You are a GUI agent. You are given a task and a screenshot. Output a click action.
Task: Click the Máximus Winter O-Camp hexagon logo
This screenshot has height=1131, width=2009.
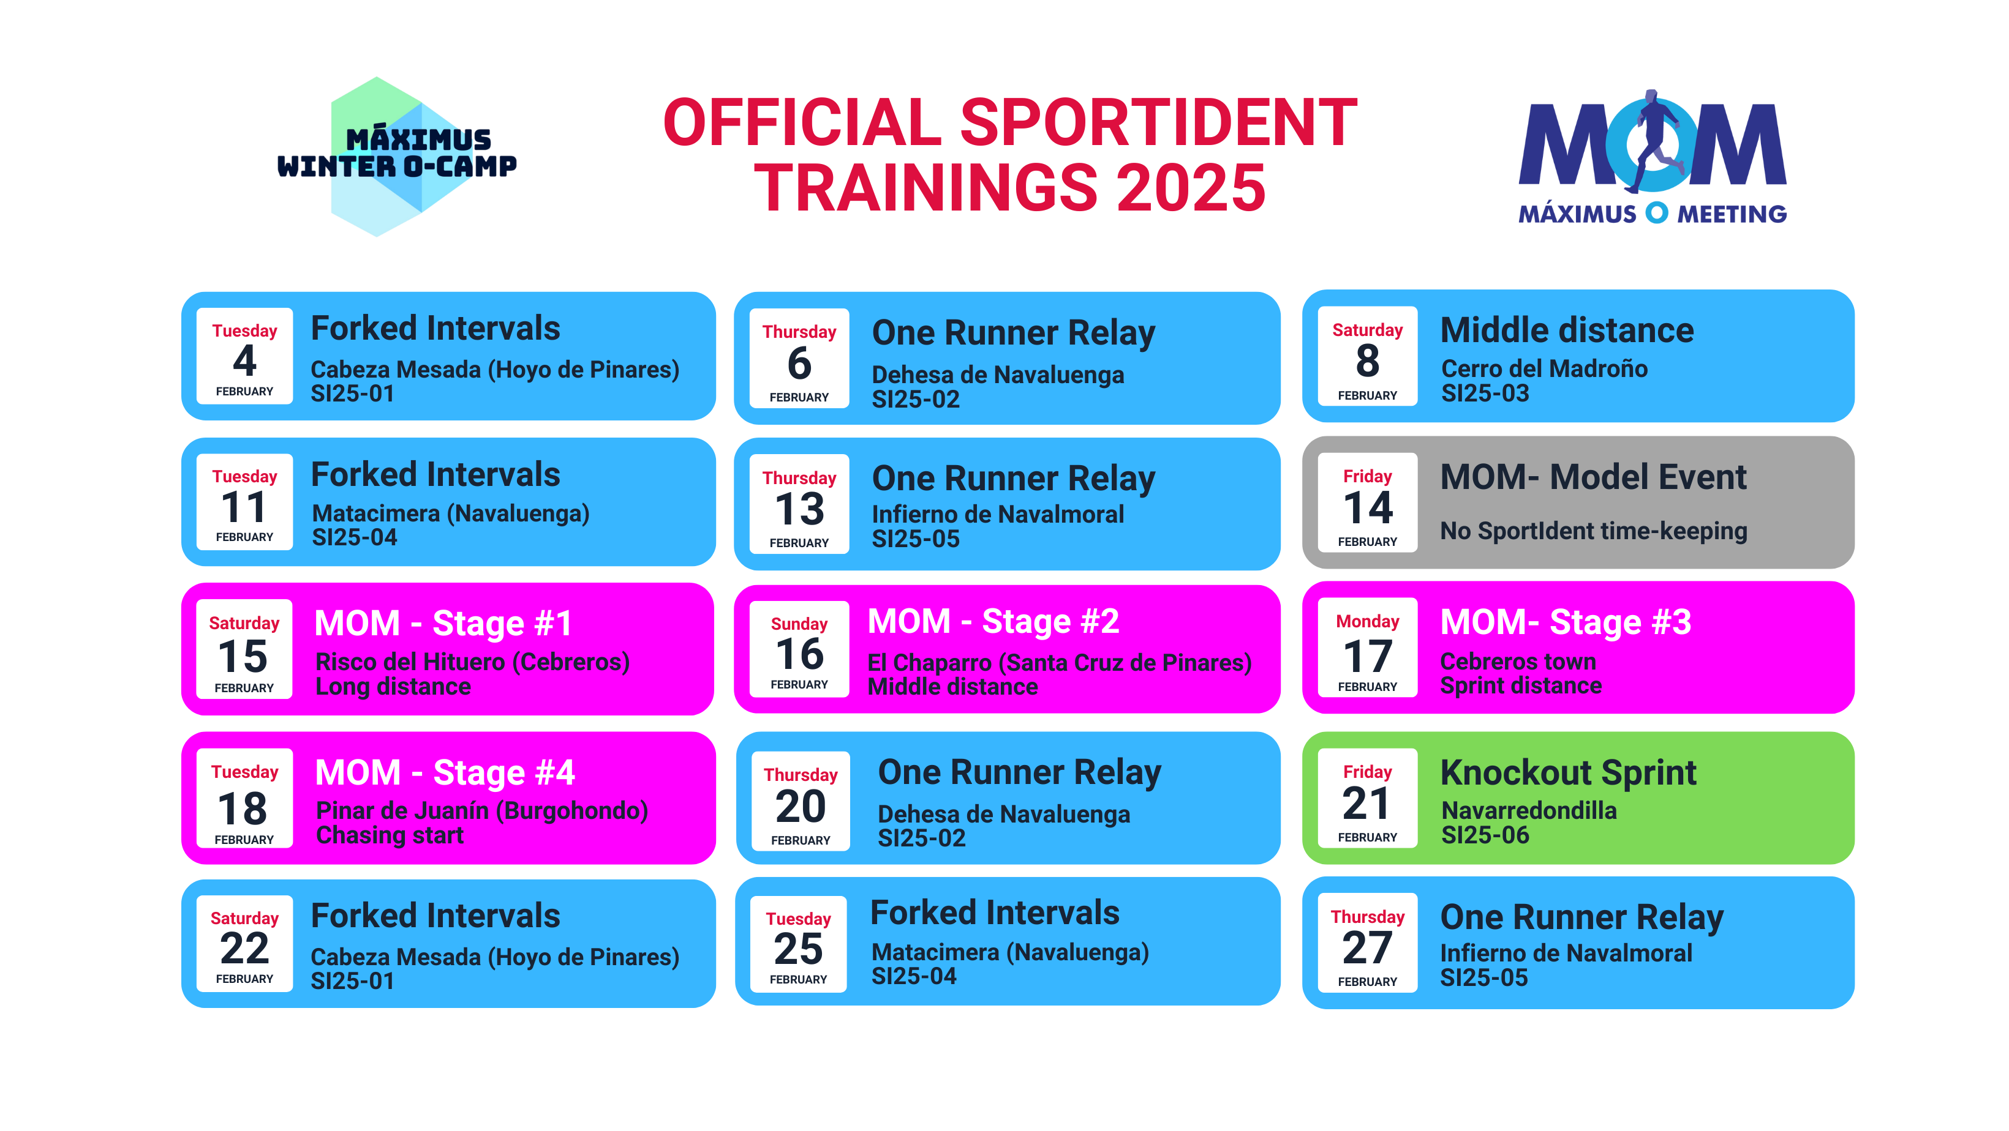pyautogui.click(x=397, y=157)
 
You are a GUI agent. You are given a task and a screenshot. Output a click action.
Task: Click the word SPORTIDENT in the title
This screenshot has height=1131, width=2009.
pyautogui.click(x=1158, y=122)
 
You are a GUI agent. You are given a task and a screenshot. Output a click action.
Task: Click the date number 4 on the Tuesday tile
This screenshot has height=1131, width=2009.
pyautogui.click(x=244, y=361)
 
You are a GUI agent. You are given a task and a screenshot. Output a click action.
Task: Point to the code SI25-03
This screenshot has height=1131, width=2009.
pyautogui.click(x=1485, y=394)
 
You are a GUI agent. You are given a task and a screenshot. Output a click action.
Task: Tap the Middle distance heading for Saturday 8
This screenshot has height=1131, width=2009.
pyautogui.click(x=1567, y=330)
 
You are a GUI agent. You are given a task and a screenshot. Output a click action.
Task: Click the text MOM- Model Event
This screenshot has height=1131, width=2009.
pyautogui.click(x=1593, y=477)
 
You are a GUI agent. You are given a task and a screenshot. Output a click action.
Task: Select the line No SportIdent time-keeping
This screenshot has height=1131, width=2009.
pyautogui.click(x=1593, y=531)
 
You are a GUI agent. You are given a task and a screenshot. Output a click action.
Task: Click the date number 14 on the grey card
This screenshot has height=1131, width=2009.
pyautogui.click(x=1367, y=508)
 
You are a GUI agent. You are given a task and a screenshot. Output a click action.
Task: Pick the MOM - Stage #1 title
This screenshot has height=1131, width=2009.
pyautogui.click(x=443, y=624)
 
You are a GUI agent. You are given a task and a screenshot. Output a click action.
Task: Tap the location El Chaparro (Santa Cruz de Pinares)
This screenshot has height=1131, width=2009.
pyautogui.click(x=1059, y=663)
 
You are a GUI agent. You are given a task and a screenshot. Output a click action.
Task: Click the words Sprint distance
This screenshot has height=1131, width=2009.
pyautogui.click(x=1521, y=686)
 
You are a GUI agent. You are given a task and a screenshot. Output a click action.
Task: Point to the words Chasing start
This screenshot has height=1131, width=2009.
pyautogui.click(x=390, y=835)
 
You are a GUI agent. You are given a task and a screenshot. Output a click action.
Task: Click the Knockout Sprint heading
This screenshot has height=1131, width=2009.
pyautogui.click(x=1569, y=773)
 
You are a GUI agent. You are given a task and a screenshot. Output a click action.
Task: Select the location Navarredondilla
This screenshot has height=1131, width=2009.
pyautogui.click(x=1529, y=811)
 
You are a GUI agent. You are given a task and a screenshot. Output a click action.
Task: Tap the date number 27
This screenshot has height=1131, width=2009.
pyautogui.click(x=1367, y=949)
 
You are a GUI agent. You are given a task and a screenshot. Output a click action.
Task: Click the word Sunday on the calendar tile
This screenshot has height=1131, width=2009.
pyautogui.click(x=799, y=624)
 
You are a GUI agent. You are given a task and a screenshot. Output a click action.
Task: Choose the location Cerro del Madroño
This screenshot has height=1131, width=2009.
pyautogui.click(x=1544, y=368)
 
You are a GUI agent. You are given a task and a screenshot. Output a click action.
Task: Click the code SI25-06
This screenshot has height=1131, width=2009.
pyautogui.click(x=1485, y=835)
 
